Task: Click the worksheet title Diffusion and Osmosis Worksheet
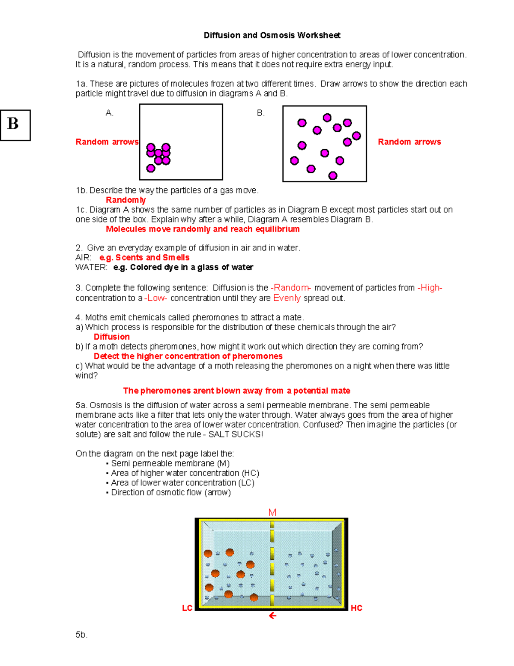pyautogui.click(x=272, y=35)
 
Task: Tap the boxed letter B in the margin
pyautogui.click(x=13, y=124)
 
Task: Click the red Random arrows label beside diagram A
pyautogui.click(x=107, y=142)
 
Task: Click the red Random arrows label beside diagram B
pyautogui.click(x=409, y=142)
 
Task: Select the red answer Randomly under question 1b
pyautogui.click(x=126, y=200)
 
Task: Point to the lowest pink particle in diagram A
pyautogui.click(x=151, y=168)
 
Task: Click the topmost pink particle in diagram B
pyautogui.click(x=327, y=118)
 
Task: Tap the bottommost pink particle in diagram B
pyautogui.click(x=333, y=175)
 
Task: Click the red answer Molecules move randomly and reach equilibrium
pyautogui.click(x=203, y=229)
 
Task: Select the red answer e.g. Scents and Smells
pyautogui.click(x=144, y=258)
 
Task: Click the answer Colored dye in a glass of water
pyautogui.click(x=183, y=268)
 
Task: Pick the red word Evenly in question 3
pyautogui.click(x=287, y=298)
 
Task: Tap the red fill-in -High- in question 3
pyautogui.click(x=430, y=288)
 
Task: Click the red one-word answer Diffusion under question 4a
pyautogui.click(x=111, y=337)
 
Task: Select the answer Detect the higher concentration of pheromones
pyautogui.click(x=188, y=356)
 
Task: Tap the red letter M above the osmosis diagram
pyautogui.click(x=272, y=512)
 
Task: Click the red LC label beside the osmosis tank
pyautogui.click(x=187, y=608)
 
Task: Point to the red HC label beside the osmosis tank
pyautogui.click(x=356, y=608)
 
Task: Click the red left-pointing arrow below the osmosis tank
pyautogui.click(x=272, y=616)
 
